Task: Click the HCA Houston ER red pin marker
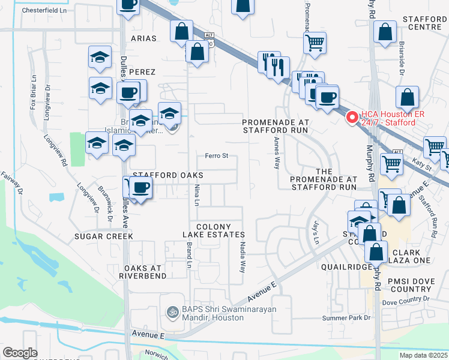[x=352, y=117]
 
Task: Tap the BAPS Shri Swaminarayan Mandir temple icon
[x=171, y=312]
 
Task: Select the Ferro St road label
[x=217, y=156]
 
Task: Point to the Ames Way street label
[x=277, y=153]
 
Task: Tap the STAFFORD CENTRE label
[x=425, y=23]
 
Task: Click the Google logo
[x=20, y=353]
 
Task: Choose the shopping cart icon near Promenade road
[x=315, y=43]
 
